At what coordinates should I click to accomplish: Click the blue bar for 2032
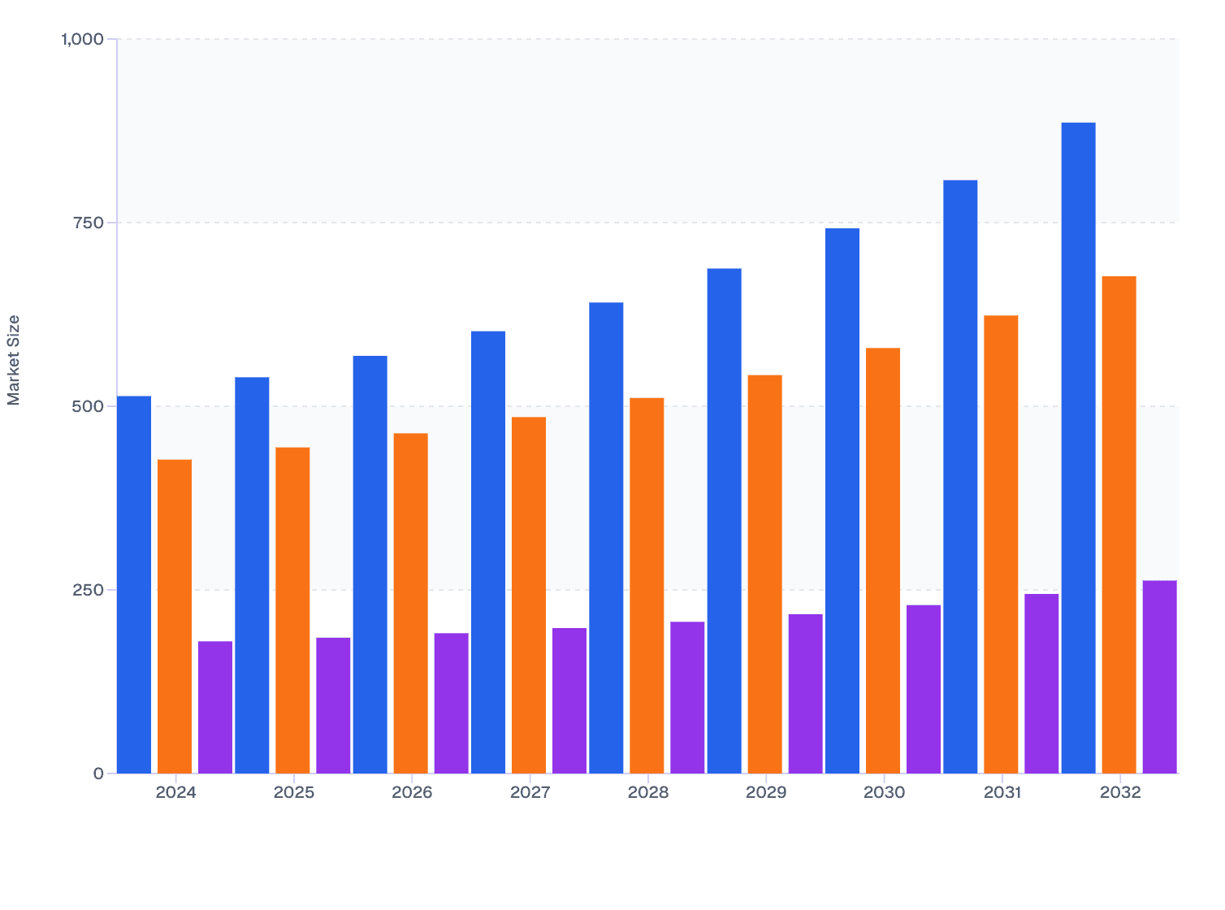click(1078, 448)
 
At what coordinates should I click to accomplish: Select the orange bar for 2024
click(175, 616)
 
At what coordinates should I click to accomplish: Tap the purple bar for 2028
click(687, 697)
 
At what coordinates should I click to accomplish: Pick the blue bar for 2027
click(488, 552)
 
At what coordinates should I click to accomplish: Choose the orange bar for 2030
click(883, 561)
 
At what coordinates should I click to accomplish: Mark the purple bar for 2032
click(1159, 677)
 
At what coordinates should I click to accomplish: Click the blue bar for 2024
click(134, 584)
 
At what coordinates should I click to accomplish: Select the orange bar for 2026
click(411, 603)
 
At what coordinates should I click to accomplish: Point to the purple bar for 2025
click(333, 705)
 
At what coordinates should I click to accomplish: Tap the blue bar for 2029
click(724, 520)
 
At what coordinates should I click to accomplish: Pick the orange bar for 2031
click(1001, 544)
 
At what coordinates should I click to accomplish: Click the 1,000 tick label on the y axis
click(83, 39)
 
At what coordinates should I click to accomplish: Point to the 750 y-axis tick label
click(88, 223)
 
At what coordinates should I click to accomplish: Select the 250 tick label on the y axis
click(88, 590)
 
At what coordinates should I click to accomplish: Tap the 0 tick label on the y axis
click(98, 773)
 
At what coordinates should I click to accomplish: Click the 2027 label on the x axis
click(530, 793)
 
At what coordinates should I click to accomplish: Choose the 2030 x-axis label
click(884, 793)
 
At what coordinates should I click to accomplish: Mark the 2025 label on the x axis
click(293, 793)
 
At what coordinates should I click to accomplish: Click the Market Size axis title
click(14, 360)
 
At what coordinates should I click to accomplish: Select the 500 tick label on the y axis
click(88, 406)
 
